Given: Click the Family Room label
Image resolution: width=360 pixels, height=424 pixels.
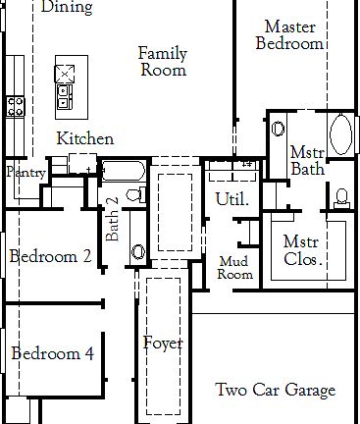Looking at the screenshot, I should pos(162,61).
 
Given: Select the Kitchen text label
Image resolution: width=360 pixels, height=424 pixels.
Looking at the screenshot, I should pos(84,139).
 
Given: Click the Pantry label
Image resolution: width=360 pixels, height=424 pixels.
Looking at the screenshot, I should pos(26,173).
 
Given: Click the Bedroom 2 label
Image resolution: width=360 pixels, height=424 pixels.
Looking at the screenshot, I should pos(51,256).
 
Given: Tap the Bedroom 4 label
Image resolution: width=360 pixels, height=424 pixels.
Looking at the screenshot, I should pos(53,353).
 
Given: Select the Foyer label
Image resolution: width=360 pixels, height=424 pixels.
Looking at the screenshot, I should pos(163,344).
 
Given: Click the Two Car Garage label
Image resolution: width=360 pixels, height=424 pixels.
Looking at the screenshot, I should pos(275,390).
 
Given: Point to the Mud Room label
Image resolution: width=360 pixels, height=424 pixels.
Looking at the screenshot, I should pos(235,268).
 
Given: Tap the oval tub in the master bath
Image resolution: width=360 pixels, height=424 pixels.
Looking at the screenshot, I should pos(342,133).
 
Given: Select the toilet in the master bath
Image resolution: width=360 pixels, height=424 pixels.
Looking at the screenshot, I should pos(341,194).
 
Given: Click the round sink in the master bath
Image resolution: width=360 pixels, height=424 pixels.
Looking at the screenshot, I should pos(277,129).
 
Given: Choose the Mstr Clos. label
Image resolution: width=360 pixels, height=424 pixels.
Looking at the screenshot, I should pos(303,251).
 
